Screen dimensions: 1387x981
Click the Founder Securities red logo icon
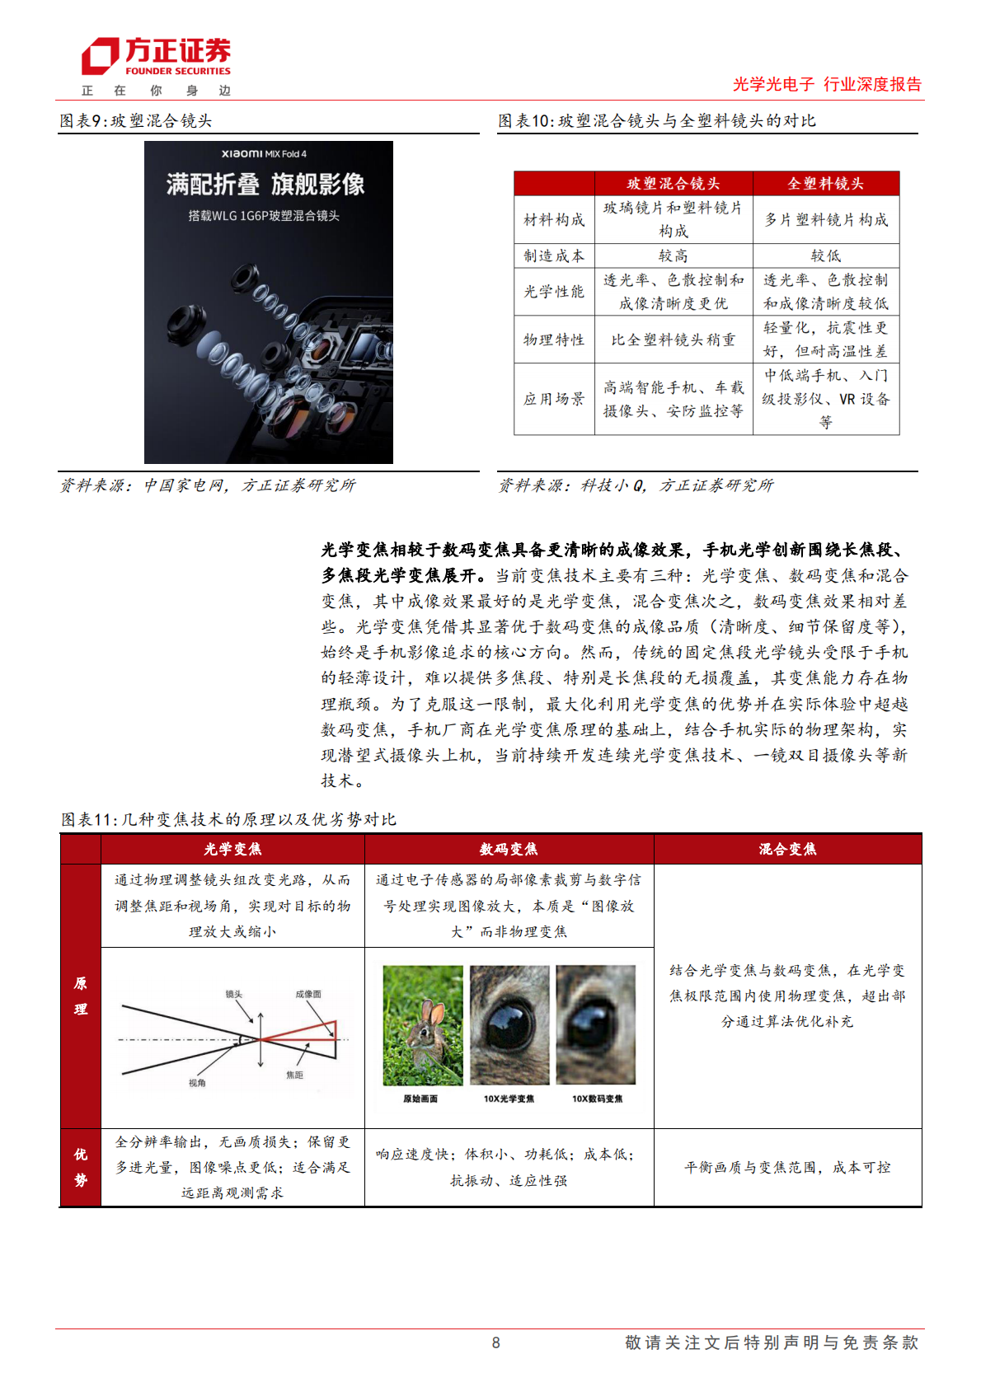(100, 56)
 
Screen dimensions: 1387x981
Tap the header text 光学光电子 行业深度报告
(827, 84)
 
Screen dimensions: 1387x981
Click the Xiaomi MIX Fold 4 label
(264, 154)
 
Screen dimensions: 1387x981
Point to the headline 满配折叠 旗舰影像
(265, 185)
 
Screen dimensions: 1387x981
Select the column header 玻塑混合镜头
(673, 184)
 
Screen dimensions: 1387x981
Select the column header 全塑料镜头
(825, 184)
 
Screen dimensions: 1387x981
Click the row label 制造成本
(554, 255)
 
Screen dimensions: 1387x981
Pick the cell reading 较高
(673, 255)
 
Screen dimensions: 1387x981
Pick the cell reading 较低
(825, 255)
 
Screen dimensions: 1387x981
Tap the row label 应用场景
(554, 399)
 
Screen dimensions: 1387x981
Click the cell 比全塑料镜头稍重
(673, 340)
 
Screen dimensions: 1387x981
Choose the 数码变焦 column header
(509, 849)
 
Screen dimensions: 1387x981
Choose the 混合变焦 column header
(787, 849)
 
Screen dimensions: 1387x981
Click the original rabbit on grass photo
(423, 1025)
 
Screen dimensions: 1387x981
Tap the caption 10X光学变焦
(509, 1099)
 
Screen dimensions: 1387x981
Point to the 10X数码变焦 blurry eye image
(596, 1025)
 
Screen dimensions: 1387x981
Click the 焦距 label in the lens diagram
(294, 1075)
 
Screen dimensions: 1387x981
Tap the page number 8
(495, 1342)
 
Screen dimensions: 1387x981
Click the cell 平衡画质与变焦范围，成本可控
(787, 1167)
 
